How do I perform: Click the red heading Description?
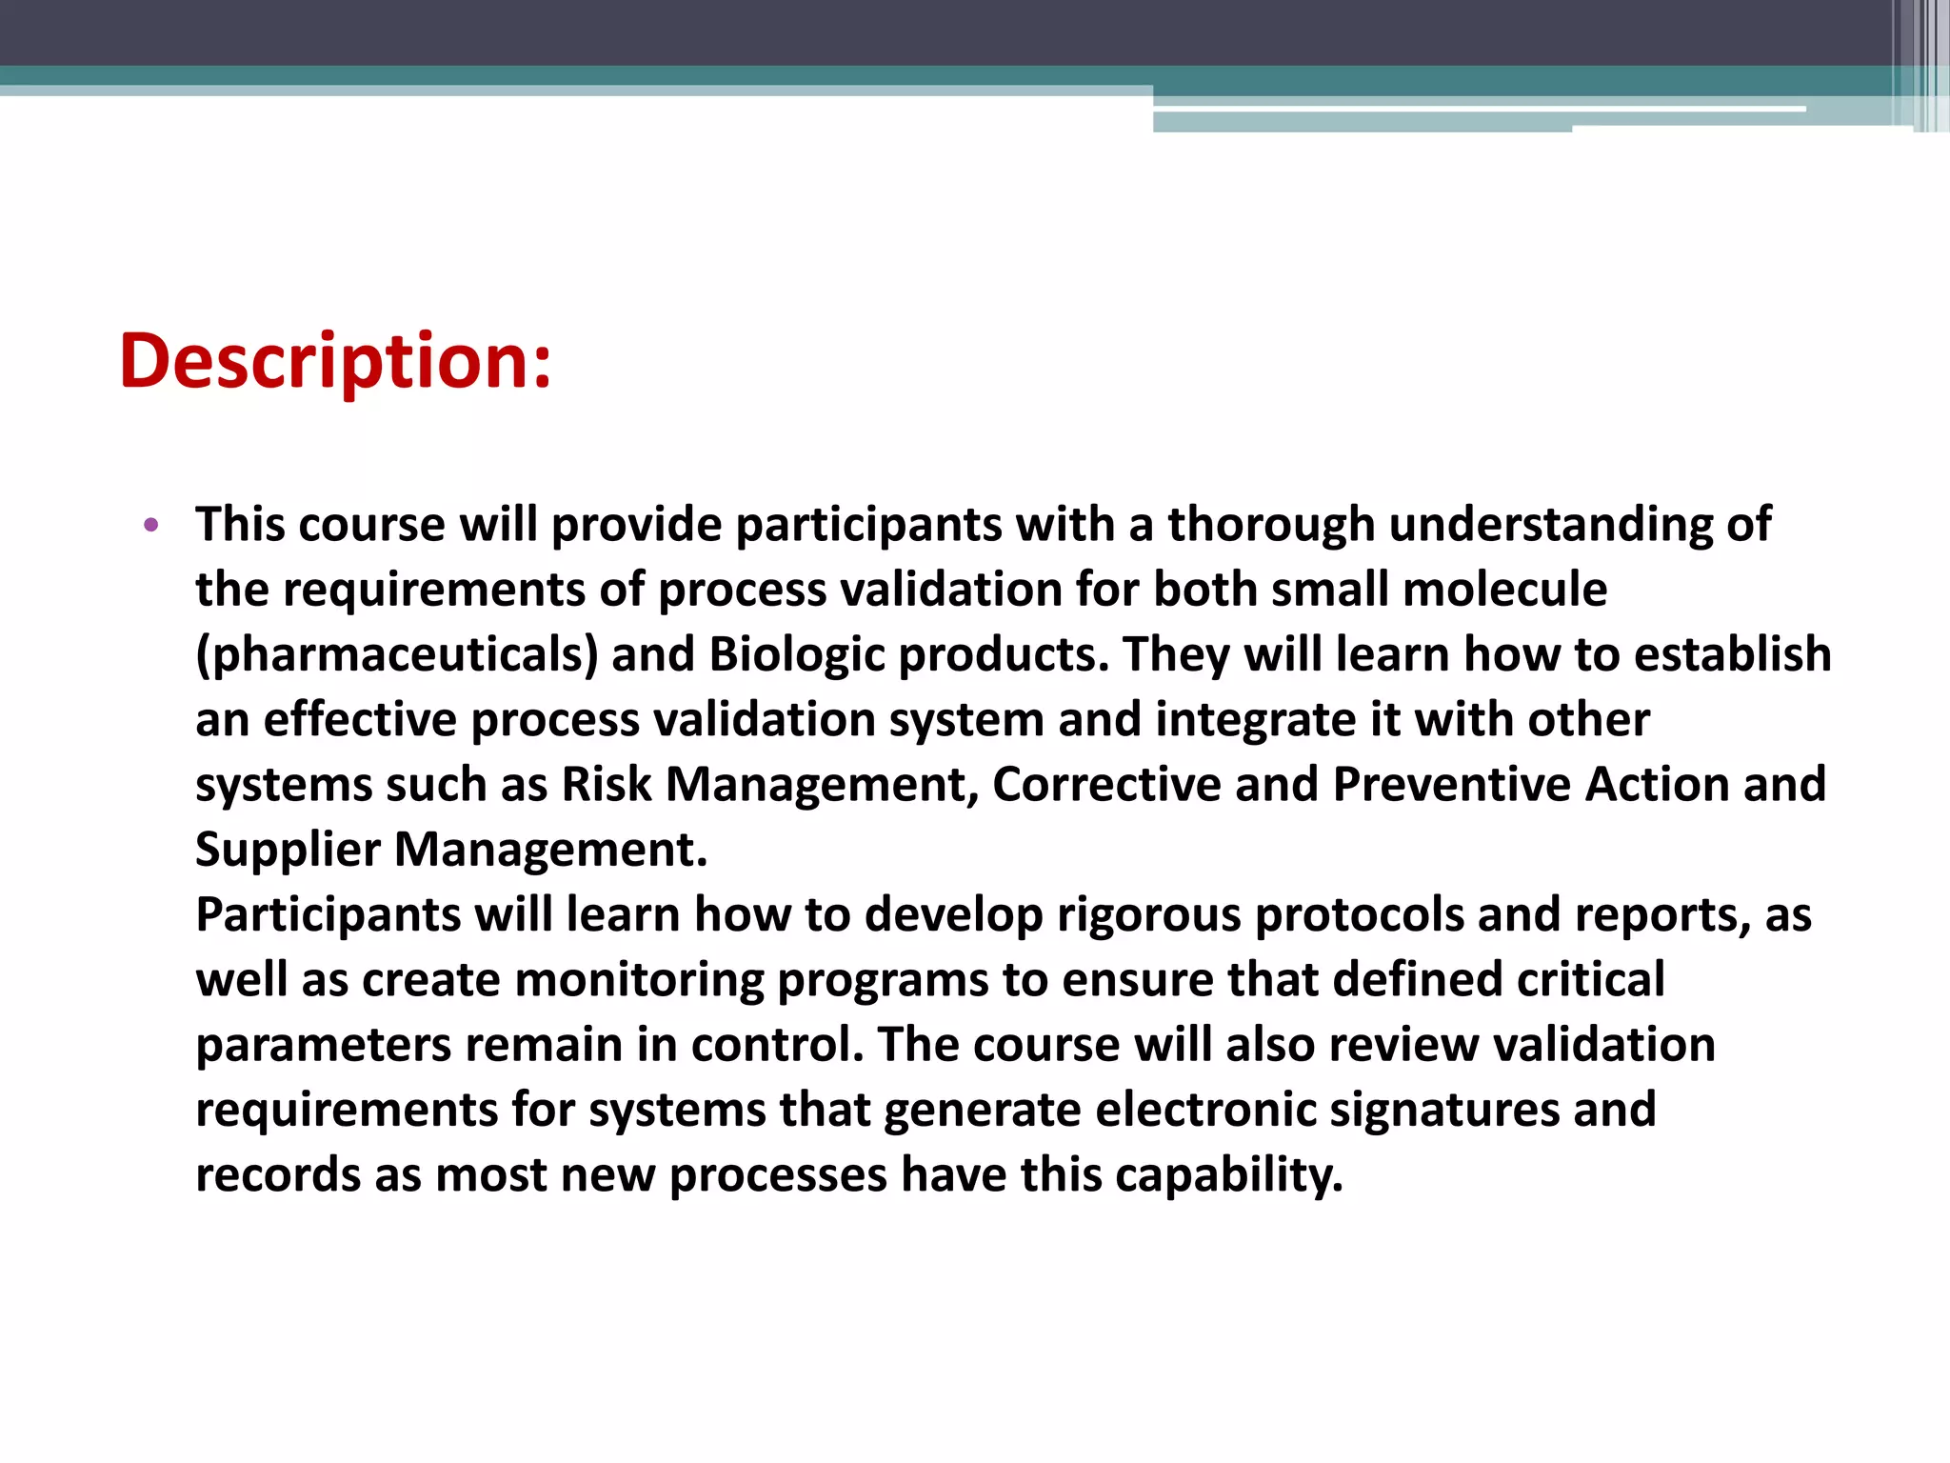[335, 362]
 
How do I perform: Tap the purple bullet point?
[150, 525]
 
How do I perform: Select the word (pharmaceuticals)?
[397, 655]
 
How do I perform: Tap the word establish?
[1732, 655]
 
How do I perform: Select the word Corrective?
[1106, 785]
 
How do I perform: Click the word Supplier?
[288, 850]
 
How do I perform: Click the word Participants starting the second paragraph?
[328, 915]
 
